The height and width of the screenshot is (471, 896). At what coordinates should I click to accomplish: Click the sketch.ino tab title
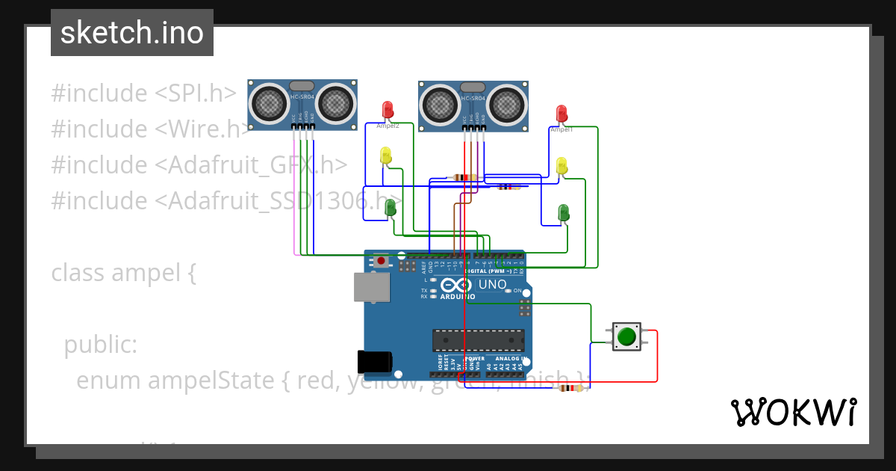tap(132, 33)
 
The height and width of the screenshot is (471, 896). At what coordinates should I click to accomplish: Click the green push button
tap(626, 336)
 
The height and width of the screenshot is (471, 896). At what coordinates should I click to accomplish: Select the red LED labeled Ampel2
tap(388, 110)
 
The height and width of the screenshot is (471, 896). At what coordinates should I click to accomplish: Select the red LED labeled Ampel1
tap(562, 114)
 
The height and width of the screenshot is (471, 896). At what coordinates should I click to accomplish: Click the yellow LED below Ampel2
tap(385, 156)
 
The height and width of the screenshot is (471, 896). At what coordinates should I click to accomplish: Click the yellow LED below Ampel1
tap(561, 165)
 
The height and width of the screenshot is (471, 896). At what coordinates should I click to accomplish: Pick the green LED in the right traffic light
tap(564, 212)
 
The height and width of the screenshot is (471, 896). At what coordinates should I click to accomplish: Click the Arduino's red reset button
tap(382, 261)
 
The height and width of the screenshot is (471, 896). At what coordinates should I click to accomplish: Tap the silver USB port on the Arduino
tap(372, 287)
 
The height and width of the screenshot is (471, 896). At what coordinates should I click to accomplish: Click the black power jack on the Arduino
tap(375, 361)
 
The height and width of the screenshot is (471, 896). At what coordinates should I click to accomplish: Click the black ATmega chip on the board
tap(477, 339)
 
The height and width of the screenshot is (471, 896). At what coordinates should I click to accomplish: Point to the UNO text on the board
tap(492, 284)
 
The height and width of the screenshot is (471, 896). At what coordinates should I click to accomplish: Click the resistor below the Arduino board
tap(570, 388)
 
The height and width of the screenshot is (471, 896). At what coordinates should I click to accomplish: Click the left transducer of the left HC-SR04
tap(267, 102)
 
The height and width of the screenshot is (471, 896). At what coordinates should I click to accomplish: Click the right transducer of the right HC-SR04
tap(508, 105)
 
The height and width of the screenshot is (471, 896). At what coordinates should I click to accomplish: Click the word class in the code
tap(78, 273)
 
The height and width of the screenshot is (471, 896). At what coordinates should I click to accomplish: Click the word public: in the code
tap(100, 345)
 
